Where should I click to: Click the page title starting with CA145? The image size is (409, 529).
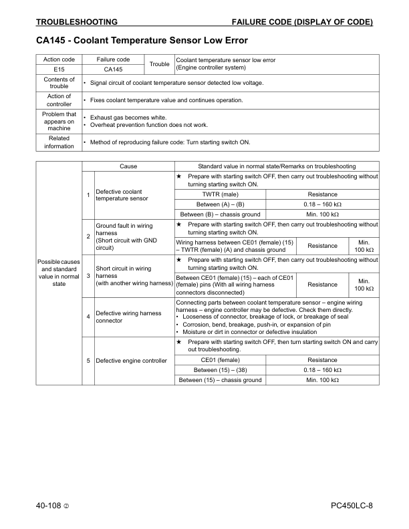click(x=142, y=41)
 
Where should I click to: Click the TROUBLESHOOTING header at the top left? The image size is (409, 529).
click(x=77, y=22)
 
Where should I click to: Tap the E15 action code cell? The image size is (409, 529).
click(x=59, y=69)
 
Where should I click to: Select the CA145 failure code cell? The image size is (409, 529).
click(x=113, y=69)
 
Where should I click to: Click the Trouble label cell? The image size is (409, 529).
click(x=159, y=64)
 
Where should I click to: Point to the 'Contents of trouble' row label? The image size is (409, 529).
click(x=59, y=83)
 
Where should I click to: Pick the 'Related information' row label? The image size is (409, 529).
click(x=59, y=142)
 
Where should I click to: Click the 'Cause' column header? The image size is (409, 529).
click(x=128, y=166)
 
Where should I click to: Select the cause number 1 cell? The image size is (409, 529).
click(x=88, y=195)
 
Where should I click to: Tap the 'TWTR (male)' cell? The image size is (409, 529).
click(x=220, y=194)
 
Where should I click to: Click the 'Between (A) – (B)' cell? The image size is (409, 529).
click(x=220, y=204)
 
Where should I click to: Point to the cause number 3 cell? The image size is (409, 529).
click(x=88, y=275)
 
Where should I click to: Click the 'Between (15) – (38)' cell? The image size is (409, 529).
click(x=220, y=370)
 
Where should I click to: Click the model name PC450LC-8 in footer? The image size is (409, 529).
click(x=352, y=506)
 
